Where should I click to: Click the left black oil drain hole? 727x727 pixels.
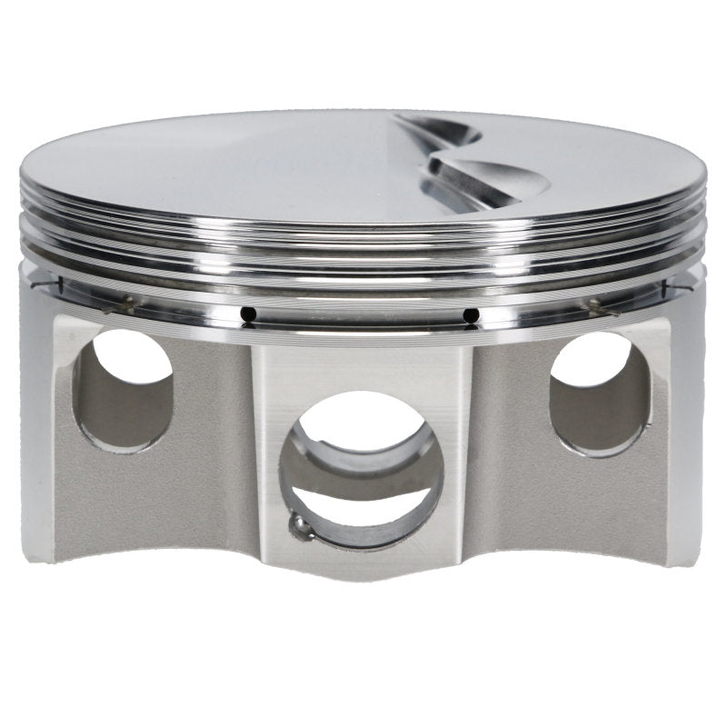[x=248, y=314]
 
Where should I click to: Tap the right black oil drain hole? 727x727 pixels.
[x=470, y=315]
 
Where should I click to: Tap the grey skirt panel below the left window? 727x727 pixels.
[x=145, y=500]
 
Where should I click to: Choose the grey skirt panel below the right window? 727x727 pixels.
[x=582, y=500]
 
